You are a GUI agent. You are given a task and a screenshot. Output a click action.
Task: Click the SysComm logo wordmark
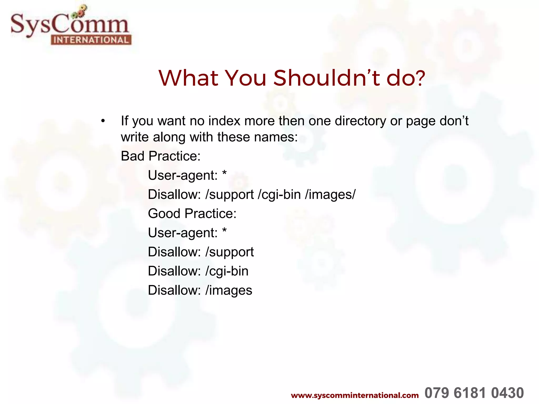(70, 25)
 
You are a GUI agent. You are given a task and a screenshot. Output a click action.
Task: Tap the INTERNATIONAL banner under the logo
(91, 40)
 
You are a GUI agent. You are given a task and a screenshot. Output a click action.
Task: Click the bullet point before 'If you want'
(103, 121)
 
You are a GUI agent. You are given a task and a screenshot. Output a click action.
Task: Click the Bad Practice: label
(161, 156)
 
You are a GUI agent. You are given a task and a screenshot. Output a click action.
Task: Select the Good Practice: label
(192, 214)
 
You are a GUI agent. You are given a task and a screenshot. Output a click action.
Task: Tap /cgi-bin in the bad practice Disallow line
(279, 195)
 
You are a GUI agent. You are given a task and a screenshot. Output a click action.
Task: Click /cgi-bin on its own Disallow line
(227, 271)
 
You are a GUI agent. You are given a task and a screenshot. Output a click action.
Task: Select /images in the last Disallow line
(229, 290)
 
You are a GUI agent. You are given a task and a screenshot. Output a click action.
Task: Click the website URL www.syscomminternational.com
(355, 395)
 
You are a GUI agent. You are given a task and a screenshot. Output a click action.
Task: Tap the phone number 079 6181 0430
(474, 393)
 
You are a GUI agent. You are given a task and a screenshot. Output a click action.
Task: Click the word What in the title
(188, 78)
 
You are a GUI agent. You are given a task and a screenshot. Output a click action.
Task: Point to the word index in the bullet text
(224, 121)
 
